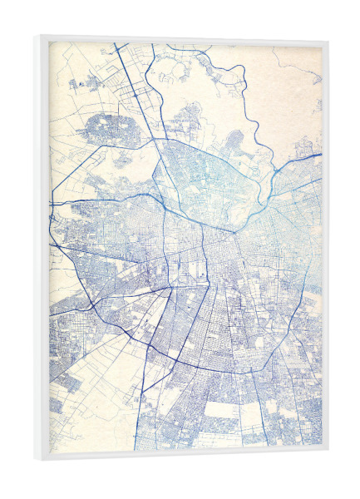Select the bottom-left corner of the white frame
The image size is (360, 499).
[37, 463]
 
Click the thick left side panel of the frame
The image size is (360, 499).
[42, 249]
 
